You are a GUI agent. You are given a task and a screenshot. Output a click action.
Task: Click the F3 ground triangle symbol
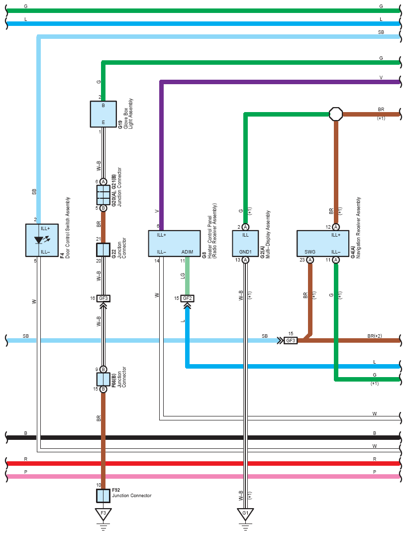[x=103, y=514]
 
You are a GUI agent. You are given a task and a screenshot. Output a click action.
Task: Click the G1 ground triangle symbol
[x=245, y=514]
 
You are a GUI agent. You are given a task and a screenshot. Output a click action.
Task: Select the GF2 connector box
[x=187, y=298]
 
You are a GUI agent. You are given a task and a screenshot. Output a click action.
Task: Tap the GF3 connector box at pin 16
[x=103, y=298]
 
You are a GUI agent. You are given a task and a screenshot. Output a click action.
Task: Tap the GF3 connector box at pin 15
[x=291, y=340]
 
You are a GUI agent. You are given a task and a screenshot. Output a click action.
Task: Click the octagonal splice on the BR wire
[x=336, y=114]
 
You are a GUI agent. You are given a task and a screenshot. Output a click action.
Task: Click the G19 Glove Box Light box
[x=103, y=114]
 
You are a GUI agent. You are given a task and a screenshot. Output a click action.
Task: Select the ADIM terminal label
[x=187, y=252]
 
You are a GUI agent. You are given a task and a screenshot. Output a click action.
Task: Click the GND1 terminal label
[x=245, y=252]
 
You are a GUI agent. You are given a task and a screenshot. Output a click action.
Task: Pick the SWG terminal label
[x=310, y=252]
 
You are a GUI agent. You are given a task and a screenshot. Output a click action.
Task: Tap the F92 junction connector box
[x=103, y=496]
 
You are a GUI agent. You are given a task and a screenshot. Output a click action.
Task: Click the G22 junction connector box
[x=103, y=250]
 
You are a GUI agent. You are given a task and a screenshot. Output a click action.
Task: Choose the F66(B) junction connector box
[x=103, y=379]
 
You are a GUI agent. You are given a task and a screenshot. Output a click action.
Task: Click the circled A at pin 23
[x=310, y=260]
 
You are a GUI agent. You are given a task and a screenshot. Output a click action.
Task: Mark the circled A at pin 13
[x=245, y=260]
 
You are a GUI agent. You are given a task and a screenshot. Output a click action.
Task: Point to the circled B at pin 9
[x=103, y=370]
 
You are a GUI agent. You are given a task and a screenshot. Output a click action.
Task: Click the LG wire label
[x=183, y=275]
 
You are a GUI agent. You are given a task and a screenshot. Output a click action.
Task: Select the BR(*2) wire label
[x=375, y=336]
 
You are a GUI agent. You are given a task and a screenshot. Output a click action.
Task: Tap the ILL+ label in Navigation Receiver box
[x=336, y=235]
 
